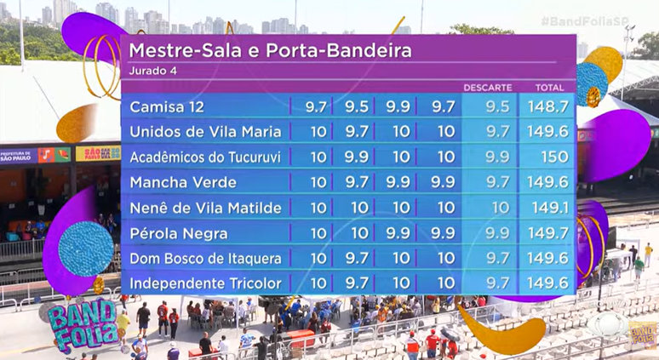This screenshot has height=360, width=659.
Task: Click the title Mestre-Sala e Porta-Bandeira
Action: coord(270,50)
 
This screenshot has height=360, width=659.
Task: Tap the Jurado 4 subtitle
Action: coord(153,70)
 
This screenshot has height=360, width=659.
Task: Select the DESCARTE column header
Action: coord(487,88)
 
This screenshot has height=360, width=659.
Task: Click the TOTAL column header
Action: coord(549,88)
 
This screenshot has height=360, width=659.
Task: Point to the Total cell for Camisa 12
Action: coord(549,106)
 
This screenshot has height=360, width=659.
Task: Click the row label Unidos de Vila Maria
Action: coord(205,132)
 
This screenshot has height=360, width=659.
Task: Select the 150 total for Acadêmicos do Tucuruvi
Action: coord(549,157)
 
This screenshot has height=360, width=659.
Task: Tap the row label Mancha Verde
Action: coord(183,182)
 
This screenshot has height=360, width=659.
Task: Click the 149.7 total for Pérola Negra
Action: coord(549,233)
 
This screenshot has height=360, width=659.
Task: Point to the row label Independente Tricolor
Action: coord(205,283)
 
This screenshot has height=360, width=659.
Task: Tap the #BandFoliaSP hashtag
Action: coord(613,19)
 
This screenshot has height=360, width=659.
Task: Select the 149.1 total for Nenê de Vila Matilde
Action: coord(549,208)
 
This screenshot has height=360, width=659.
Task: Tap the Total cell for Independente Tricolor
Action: coord(549,283)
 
